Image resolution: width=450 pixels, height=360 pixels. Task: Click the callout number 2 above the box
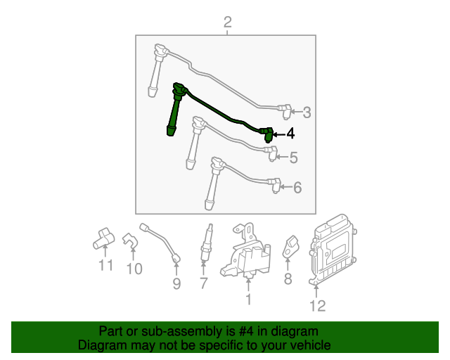[x=227, y=23]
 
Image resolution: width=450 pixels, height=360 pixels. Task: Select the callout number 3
[x=307, y=112]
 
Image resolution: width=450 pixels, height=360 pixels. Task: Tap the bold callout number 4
[x=290, y=134]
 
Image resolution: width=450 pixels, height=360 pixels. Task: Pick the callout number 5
[x=293, y=158]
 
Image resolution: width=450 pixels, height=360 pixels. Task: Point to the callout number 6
[x=297, y=188]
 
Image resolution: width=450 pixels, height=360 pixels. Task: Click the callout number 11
[x=105, y=265]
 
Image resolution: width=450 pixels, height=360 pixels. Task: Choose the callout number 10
[x=134, y=269]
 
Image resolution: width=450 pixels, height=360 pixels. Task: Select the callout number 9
[x=176, y=283]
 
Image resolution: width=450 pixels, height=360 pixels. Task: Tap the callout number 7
[x=204, y=283]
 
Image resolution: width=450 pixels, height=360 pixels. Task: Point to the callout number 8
[x=288, y=280]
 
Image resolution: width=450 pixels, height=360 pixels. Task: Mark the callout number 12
[x=317, y=305]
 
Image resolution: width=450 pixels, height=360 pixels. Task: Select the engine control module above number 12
[x=332, y=249]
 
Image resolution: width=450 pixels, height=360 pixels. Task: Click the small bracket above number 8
[x=290, y=246]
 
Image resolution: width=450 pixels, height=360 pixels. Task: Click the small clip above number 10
[x=130, y=240]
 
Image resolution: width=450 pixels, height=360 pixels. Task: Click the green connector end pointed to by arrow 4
[x=267, y=134]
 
